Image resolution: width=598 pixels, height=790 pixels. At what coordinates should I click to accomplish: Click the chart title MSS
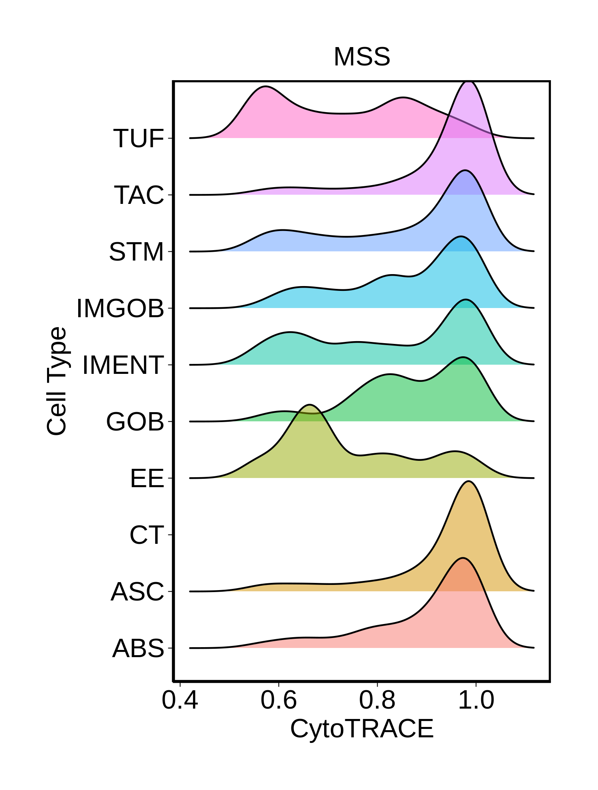[362, 57]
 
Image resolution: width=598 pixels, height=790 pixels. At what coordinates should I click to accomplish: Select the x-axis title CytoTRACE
[362, 729]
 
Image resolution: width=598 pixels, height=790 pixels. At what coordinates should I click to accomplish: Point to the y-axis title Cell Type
[56, 381]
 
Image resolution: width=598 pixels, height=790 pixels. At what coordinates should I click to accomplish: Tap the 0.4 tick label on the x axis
[180, 700]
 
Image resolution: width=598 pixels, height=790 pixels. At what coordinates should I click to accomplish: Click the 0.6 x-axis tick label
[279, 700]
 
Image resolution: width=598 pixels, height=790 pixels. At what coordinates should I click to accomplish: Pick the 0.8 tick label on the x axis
[377, 700]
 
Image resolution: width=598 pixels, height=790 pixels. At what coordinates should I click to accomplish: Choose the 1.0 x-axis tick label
[476, 700]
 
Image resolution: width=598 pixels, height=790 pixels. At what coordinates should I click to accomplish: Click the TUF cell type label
[139, 138]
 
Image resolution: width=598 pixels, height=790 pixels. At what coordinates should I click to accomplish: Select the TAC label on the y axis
[139, 195]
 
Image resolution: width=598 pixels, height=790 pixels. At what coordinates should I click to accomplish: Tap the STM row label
[136, 252]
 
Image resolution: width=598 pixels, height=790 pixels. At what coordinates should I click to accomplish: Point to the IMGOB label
[120, 308]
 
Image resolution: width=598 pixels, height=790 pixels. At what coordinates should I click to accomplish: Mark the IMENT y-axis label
[123, 365]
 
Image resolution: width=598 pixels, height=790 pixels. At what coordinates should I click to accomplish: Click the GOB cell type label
[135, 422]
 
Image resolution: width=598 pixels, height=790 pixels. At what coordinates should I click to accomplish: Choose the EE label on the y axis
[147, 478]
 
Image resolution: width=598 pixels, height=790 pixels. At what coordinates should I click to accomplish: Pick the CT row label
[147, 535]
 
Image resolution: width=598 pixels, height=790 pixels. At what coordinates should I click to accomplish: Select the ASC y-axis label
[138, 592]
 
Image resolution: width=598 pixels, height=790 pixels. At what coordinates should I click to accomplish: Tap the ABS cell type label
[138, 648]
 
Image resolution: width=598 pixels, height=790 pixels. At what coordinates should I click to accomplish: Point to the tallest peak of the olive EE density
[310, 405]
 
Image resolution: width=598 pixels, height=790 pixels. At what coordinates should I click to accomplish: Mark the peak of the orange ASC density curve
[469, 482]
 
